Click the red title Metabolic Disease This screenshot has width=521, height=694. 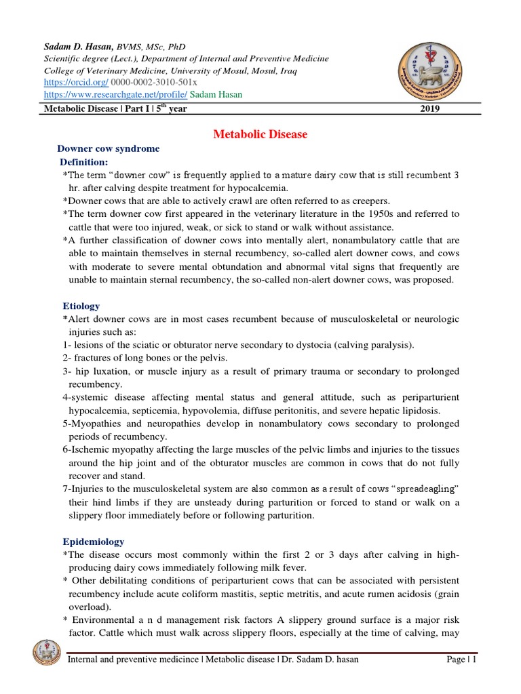tap(260, 134)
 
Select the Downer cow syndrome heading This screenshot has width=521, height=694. tap(108, 148)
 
